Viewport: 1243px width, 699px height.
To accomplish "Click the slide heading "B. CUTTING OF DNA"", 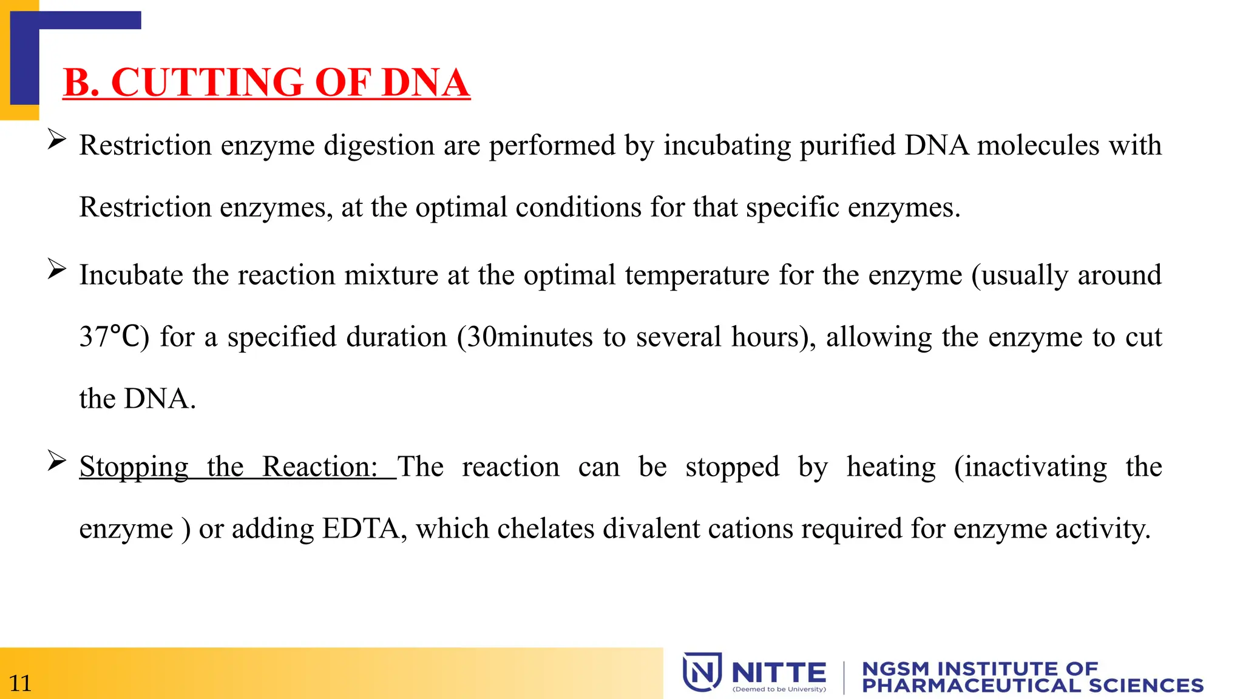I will pyautogui.click(x=266, y=83).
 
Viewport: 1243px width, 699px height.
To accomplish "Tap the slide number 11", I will pyautogui.click(x=20, y=683).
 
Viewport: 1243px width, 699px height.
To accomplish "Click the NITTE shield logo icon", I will pyautogui.click(x=702, y=672).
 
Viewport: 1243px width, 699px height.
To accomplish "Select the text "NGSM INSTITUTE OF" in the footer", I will pyautogui.click(x=980, y=669).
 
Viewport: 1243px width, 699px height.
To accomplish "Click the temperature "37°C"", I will pyautogui.click(x=114, y=337).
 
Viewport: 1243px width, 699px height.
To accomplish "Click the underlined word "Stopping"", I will pyautogui.click(x=134, y=467).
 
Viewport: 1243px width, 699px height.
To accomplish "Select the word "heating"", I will pyautogui.click(x=891, y=467).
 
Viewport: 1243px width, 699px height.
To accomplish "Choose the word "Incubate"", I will pyautogui.click(x=132, y=275).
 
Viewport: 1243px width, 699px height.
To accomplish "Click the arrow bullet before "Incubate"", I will pyautogui.click(x=56, y=269).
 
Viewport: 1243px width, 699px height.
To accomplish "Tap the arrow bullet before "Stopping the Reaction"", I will pyautogui.click(x=56, y=461).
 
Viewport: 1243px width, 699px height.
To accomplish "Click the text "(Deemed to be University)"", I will pyautogui.click(x=779, y=689).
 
